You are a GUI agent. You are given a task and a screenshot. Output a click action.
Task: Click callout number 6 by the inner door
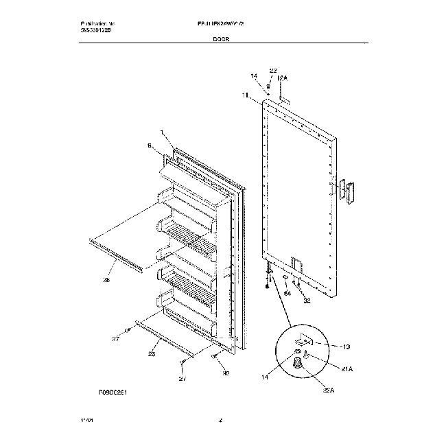149,145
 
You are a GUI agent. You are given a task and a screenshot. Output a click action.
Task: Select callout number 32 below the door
307,300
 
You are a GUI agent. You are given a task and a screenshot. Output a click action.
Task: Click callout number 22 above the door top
272,71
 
